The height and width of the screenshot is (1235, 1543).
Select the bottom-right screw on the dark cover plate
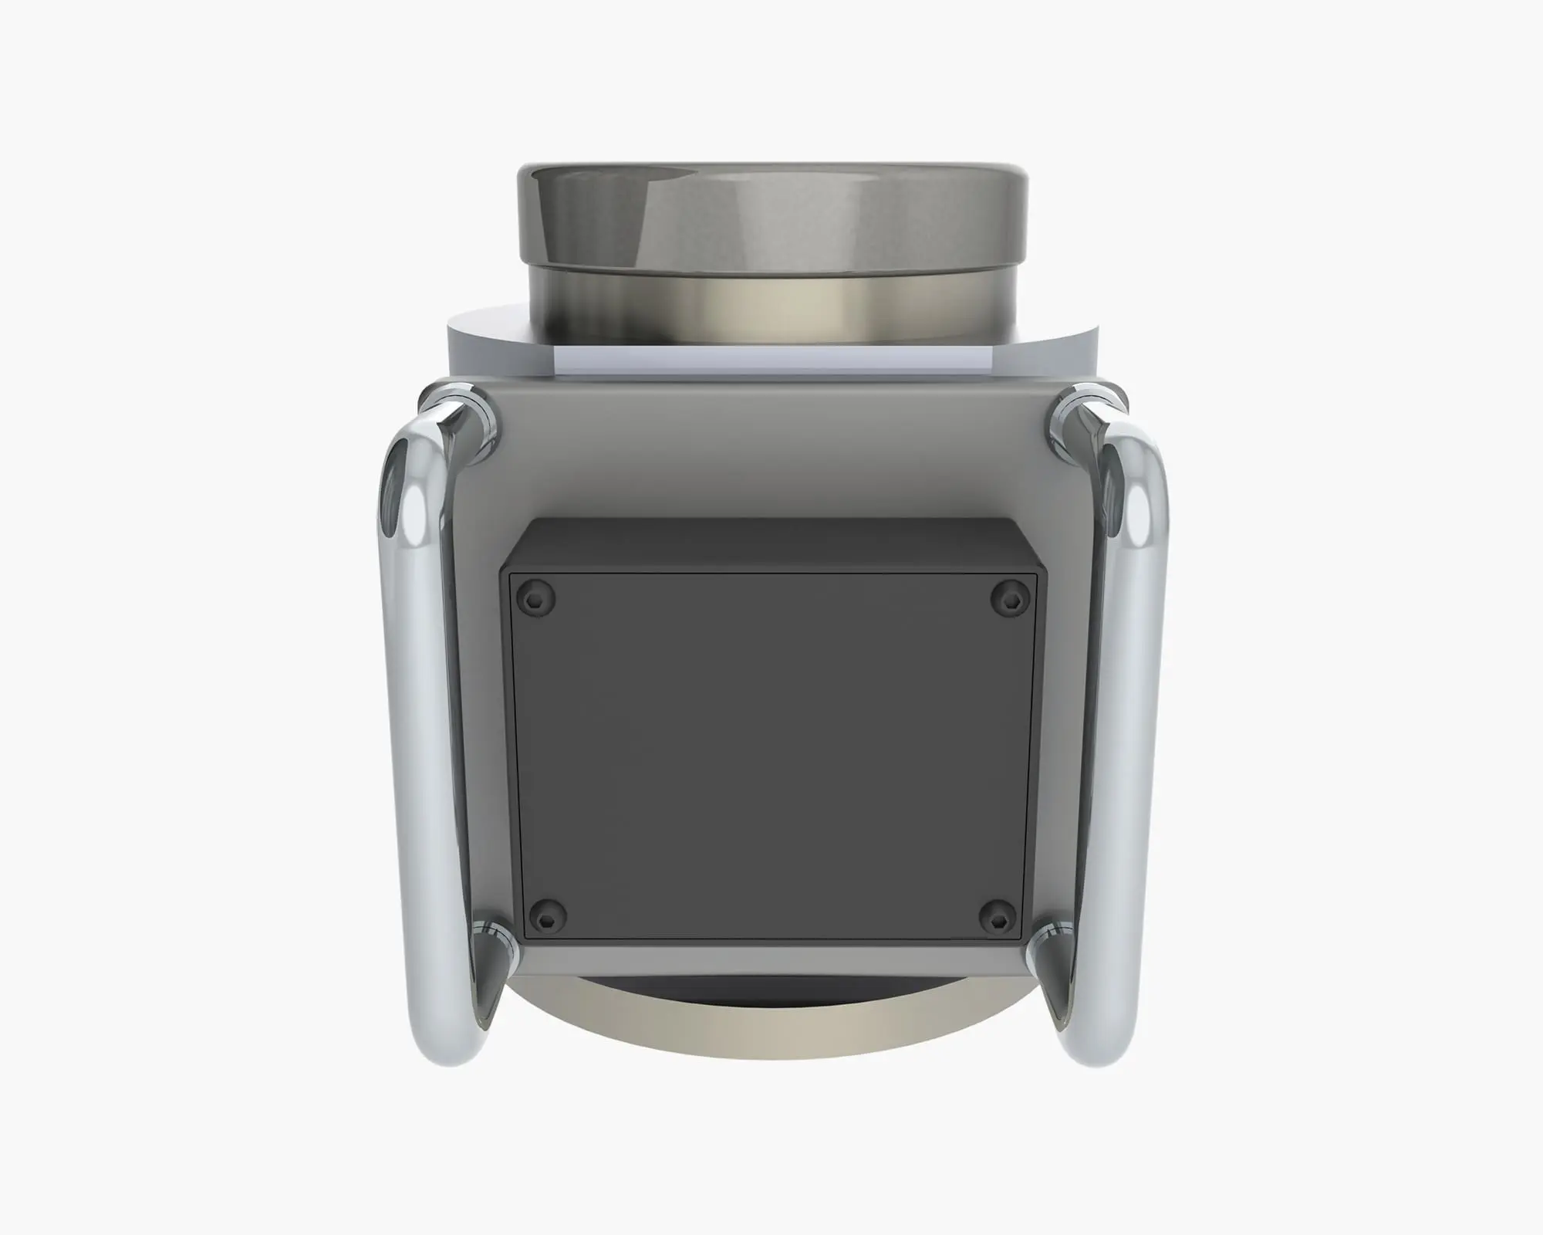coord(1001,913)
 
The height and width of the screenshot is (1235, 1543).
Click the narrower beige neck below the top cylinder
coord(771,309)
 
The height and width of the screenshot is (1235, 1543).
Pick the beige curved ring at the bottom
coord(771,1027)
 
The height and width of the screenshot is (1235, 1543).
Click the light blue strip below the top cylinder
coord(771,358)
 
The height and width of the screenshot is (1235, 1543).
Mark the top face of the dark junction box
coord(771,545)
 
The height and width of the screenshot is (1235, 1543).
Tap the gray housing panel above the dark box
coord(771,448)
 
